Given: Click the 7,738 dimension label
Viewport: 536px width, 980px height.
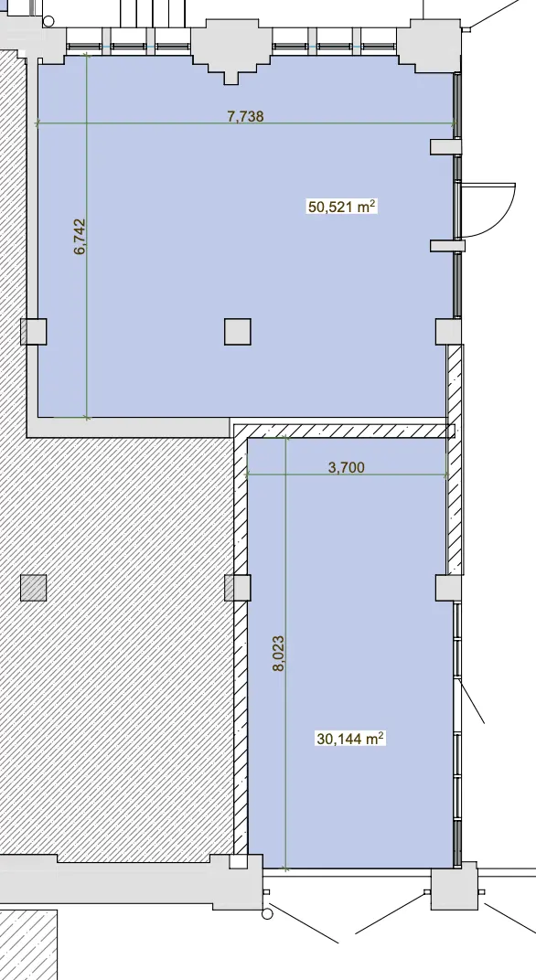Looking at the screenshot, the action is click(245, 115).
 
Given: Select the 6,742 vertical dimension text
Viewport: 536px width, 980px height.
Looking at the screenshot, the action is click(80, 237).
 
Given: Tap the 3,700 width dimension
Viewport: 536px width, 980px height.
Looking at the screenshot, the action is click(346, 467).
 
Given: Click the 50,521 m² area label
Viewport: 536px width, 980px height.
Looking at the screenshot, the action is click(341, 207).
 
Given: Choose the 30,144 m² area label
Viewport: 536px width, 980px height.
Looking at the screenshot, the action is click(350, 739).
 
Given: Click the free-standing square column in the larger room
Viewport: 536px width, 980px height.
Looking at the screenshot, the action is click(238, 332).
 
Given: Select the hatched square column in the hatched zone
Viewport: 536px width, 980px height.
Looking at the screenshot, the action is click(34, 588).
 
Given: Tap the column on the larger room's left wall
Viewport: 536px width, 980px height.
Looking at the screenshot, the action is click(33, 332).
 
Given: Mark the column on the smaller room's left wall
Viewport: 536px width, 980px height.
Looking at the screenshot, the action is click(238, 588).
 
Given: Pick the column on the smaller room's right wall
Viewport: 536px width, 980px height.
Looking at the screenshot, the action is click(448, 588).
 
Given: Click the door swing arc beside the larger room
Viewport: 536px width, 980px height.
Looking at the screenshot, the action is click(500, 211).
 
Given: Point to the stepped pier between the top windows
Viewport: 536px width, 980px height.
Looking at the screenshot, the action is click(231, 50).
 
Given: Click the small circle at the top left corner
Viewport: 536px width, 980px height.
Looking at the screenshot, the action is click(48, 21).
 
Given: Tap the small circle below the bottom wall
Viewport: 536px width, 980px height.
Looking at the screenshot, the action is click(268, 914).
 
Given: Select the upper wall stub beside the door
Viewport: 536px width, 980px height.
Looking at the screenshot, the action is click(446, 146).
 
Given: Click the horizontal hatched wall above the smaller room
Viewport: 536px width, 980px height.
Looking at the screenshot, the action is click(344, 431).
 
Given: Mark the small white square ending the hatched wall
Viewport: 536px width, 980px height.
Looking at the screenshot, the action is click(239, 861).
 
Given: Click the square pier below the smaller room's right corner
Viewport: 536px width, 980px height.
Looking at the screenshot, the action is click(454, 886).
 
